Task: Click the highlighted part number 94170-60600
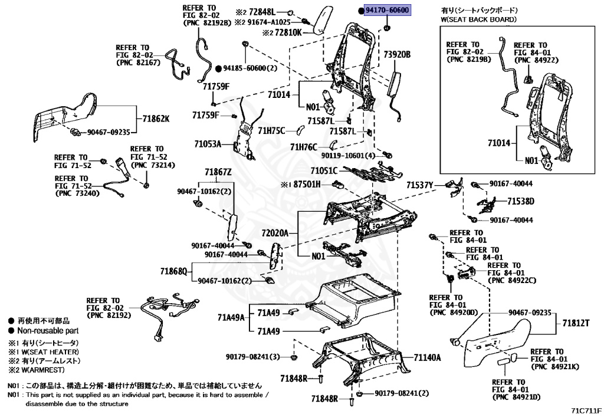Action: pos(387,10)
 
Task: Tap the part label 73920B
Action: pos(397,54)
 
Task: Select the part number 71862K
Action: pos(156,119)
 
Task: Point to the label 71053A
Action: pos(208,144)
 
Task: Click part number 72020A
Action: pos(275,233)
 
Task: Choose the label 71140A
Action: pos(427,357)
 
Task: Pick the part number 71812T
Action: pos(576,323)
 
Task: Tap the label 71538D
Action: pos(521,201)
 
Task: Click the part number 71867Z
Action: pos(218,172)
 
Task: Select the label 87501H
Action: pos(307,185)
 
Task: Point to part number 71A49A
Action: pos(231,318)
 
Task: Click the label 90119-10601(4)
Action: pos(348,156)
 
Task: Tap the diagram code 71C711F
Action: pos(586,411)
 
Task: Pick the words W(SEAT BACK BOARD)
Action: pos(479,19)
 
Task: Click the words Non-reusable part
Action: pos(48,330)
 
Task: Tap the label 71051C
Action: pos(324,170)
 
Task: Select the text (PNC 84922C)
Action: pos(511,280)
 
